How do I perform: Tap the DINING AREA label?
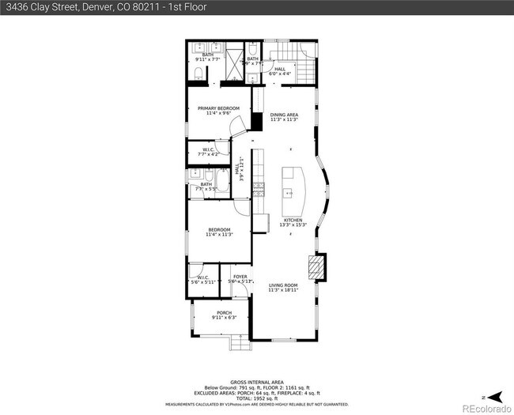[x=283, y=115]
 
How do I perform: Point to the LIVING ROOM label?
[x=283, y=285]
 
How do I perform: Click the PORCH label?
[x=224, y=313]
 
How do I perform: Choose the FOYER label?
[x=240, y=277]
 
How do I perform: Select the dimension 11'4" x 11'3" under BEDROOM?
[x=218, y=235]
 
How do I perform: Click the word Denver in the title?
[x=69, y=7]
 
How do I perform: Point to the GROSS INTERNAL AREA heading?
[x=257, y=381]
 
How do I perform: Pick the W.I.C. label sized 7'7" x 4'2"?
[x=209, y=150]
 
